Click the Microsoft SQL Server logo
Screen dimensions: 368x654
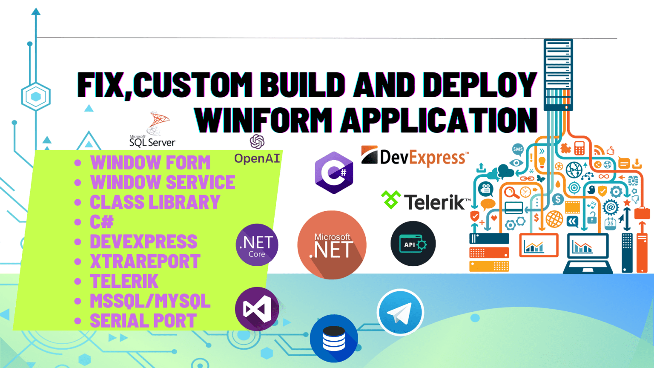click(x=152, y=130)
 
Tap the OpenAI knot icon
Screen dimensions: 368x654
click(x=257, y=141)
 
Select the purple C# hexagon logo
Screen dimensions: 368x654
click(x=334, y=172)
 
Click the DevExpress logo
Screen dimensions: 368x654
click(x=415, y=157)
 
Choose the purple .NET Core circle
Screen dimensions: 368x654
click(x=257, y=245)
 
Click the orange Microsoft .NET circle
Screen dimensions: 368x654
click(x=332, y=245)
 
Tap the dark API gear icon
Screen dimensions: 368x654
click(x=413, y=244)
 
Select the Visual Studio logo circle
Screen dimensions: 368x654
click(x=257, y=309)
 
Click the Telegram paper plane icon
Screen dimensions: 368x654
click(x=400, y=312)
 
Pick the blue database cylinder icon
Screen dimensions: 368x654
click(x=334, y=338)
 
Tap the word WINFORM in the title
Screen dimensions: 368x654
click(x=264, y=120)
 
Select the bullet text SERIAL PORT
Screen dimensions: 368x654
click(x=143, y=321)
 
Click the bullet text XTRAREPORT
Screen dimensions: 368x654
click(x=145, y=261)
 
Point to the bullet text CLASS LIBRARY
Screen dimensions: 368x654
click(x=155, y=202)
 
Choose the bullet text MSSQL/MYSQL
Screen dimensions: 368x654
click(x=150, y=301)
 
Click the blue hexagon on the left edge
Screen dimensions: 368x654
click(x=36, y=97)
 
